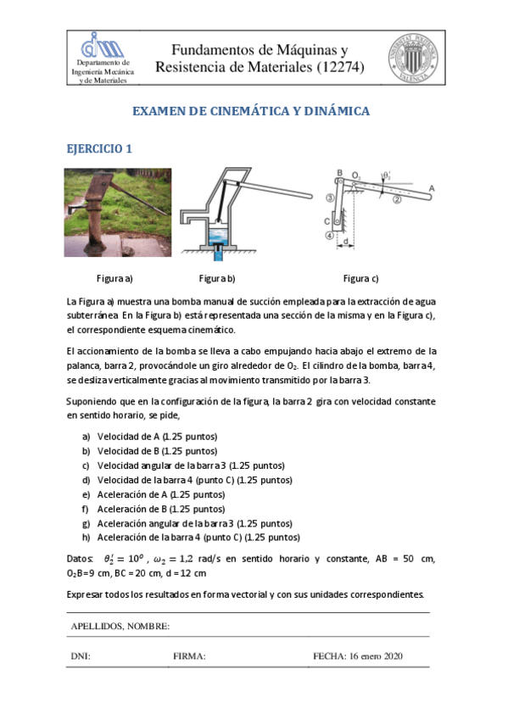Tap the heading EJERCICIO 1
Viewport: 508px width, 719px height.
point(99,148)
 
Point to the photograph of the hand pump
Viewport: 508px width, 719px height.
point(118,212)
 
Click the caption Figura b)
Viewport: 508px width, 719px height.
point(216,278)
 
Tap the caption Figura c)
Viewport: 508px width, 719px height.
point(361,278)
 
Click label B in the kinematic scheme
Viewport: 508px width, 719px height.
point(339,173)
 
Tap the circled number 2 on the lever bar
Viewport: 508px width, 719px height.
point(395,200)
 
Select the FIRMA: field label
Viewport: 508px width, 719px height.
point(189,655)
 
